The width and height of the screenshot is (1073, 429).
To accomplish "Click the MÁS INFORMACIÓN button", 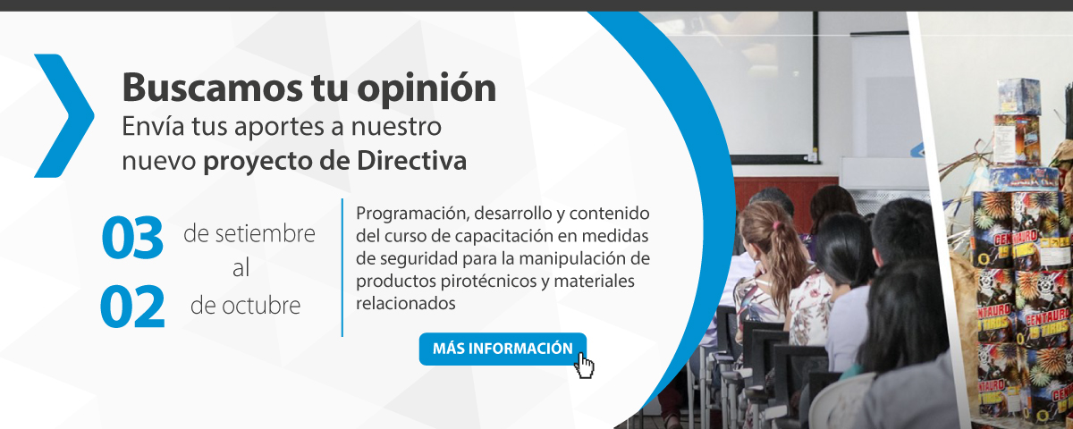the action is [503, 349].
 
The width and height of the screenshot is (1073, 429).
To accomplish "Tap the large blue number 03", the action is [132, 238].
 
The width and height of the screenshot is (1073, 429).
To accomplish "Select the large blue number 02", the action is [132, 307].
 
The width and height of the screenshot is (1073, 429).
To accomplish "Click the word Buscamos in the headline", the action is [212, 88].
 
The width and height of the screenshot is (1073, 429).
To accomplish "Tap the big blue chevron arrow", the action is [64, 116].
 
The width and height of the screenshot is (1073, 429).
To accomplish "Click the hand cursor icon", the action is [584, 366].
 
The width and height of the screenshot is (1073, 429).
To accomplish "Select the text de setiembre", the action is [249, 233].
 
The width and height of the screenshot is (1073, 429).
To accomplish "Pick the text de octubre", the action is [245, 305].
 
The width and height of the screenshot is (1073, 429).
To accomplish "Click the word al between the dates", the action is [241, 268].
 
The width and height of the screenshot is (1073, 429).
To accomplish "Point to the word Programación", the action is [412, 214].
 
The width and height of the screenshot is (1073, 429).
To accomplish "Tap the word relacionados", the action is [405, 303].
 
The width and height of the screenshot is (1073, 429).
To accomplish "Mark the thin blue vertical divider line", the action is [342, 267].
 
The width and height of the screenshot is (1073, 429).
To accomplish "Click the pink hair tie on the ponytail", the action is [776, 225].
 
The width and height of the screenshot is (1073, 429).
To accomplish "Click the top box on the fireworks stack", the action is [1019, 96].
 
